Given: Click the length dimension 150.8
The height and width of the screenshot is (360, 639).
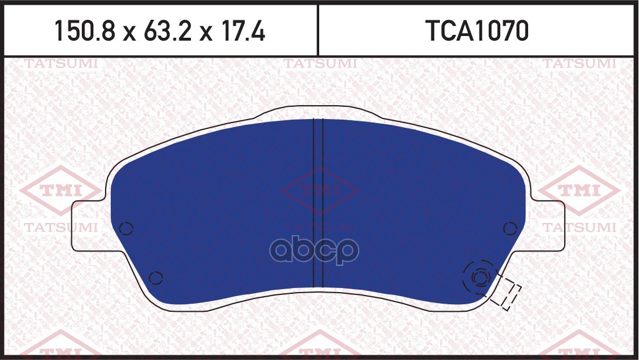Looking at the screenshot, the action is (85, 31).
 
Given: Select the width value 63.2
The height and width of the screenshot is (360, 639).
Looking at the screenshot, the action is (168, 31).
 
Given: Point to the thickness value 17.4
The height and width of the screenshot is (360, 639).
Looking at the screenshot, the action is (242, 31).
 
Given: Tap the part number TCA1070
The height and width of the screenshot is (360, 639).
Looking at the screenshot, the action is (477, 31).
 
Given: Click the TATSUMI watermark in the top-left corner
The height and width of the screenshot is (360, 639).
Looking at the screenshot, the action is (62, 64).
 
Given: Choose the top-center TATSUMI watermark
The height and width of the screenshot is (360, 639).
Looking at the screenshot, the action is (320, 64).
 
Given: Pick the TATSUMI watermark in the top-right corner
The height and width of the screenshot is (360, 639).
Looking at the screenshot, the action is (579, 64).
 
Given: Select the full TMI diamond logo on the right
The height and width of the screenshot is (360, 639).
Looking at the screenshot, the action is (579, 190).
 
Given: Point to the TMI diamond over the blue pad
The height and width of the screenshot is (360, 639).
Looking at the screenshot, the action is (320, 190).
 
